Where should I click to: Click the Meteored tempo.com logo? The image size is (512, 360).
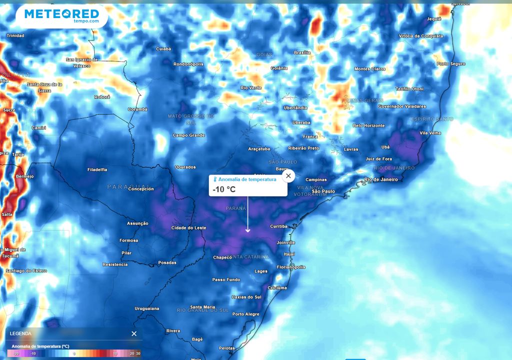[x=61, y=16]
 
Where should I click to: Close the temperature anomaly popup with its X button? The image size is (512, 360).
[x=288, y=176]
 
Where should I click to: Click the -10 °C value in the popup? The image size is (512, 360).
[x=223, y=189]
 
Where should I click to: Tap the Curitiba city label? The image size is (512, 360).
[x=278, y=226]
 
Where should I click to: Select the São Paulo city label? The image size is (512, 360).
[x=323, y=191]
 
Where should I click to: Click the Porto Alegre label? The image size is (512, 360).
[x=245, y=314]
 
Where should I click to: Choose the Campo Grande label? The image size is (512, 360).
[x=189, y=135]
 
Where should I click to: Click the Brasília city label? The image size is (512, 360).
[x=302, y=52]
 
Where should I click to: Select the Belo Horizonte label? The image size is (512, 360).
[x=368, y=125]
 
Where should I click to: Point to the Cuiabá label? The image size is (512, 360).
[x=163, y=49]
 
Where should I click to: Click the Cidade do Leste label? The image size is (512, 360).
[x=188, y=228]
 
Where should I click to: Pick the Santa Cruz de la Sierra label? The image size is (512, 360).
[x=44, y=87]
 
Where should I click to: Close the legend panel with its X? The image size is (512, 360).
[x=134, y=333]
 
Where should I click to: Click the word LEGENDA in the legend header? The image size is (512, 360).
[x=20, y=333]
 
